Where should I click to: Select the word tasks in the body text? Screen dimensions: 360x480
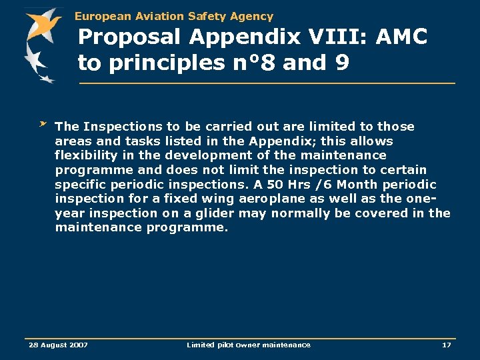(x=130, y=141)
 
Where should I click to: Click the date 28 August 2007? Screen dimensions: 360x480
(x=58, y=345)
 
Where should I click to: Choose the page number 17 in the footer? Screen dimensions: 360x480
(x=446, y=345)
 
